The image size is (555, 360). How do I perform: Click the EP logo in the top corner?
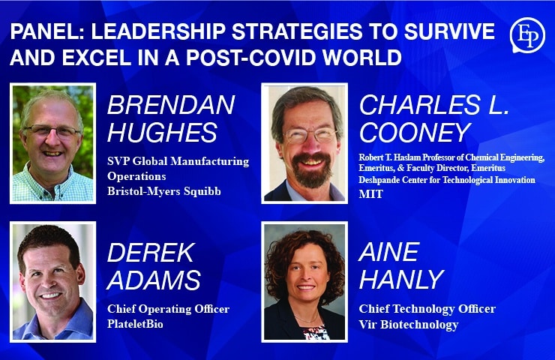tap(526, 35)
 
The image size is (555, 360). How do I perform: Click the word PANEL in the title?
tap(44, 32)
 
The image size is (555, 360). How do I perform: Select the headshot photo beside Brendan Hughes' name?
tap(53, 142)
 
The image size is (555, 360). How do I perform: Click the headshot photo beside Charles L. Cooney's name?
tap(304, 142)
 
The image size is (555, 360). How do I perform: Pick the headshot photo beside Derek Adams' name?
tap(53, 281)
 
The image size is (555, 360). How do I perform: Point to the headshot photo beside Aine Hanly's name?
tap(304, 281)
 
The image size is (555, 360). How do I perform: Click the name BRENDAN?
tap(171, 105)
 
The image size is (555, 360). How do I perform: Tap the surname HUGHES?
tap(163, 133)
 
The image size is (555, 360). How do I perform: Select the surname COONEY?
tap(415, 133)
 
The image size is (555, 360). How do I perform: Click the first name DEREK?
tap(151, 252)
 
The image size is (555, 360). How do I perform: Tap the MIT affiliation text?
tap(370, 194)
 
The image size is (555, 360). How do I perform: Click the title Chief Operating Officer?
tap(168, 309)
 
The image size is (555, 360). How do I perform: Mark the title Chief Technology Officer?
tap(427, 309)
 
